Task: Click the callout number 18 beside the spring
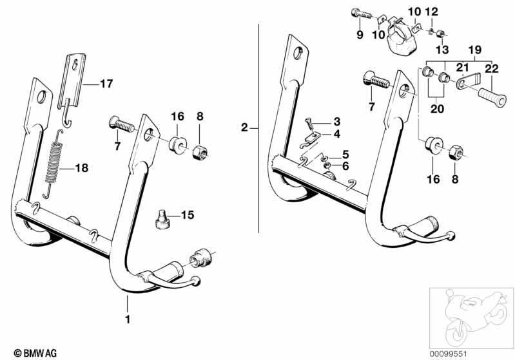(81, 169)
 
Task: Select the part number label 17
(105, 83)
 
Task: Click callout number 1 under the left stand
(127, 319)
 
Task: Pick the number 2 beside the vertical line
(244, 128)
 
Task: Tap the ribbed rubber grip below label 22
(492, 102)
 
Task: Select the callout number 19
(475, 49)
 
